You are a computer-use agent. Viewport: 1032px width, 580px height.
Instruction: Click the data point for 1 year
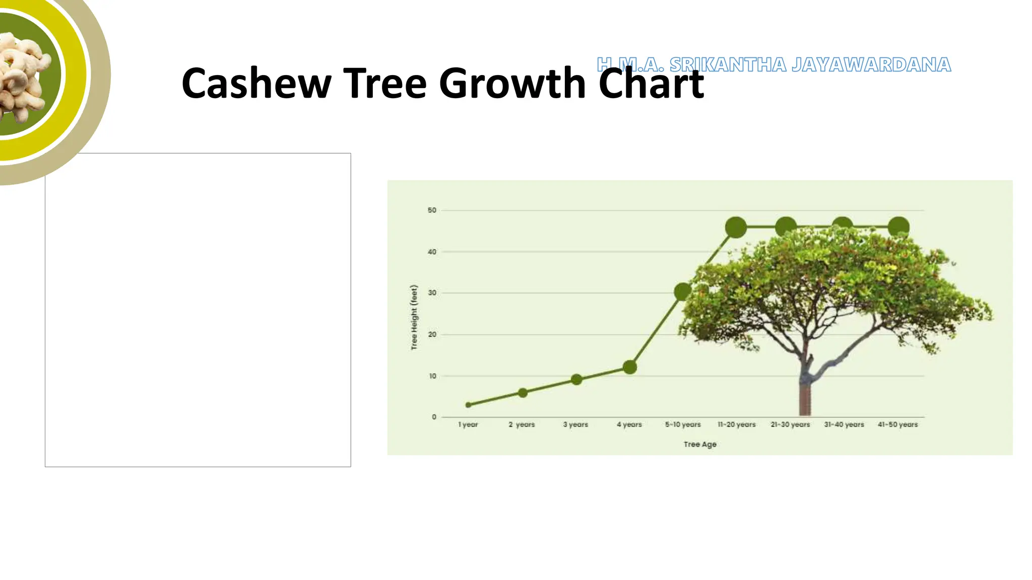(468, 405)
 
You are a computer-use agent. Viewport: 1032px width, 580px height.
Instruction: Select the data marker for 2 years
(523, 393)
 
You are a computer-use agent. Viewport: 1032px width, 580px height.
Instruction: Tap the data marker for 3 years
(576, 380)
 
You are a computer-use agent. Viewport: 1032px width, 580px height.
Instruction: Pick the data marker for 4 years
(629, 367)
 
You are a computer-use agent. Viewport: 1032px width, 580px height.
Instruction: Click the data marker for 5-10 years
(683, 292)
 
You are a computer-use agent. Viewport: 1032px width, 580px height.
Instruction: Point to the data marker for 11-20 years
(736, 228)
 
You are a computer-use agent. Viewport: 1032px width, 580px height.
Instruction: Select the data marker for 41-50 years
(898, 227)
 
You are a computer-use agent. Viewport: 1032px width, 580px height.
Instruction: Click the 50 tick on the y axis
(432, 210)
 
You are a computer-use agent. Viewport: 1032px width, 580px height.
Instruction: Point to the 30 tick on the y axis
(432, 293)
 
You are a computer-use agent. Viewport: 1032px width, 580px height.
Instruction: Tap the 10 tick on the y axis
(432, 376)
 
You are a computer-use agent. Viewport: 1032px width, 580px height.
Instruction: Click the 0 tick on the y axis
(434, 417)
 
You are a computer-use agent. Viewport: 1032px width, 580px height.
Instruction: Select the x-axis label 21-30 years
(790, 425)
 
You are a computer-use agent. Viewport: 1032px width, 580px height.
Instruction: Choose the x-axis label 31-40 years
(844, 425)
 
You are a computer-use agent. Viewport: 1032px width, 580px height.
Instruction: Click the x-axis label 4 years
(629, 425)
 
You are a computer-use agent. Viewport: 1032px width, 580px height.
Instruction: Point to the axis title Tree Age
(700, 445)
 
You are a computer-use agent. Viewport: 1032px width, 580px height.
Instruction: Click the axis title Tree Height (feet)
(414, 317)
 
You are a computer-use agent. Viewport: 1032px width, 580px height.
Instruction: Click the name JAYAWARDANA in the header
(871, 65)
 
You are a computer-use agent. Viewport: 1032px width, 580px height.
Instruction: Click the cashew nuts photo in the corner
(23, 76)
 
